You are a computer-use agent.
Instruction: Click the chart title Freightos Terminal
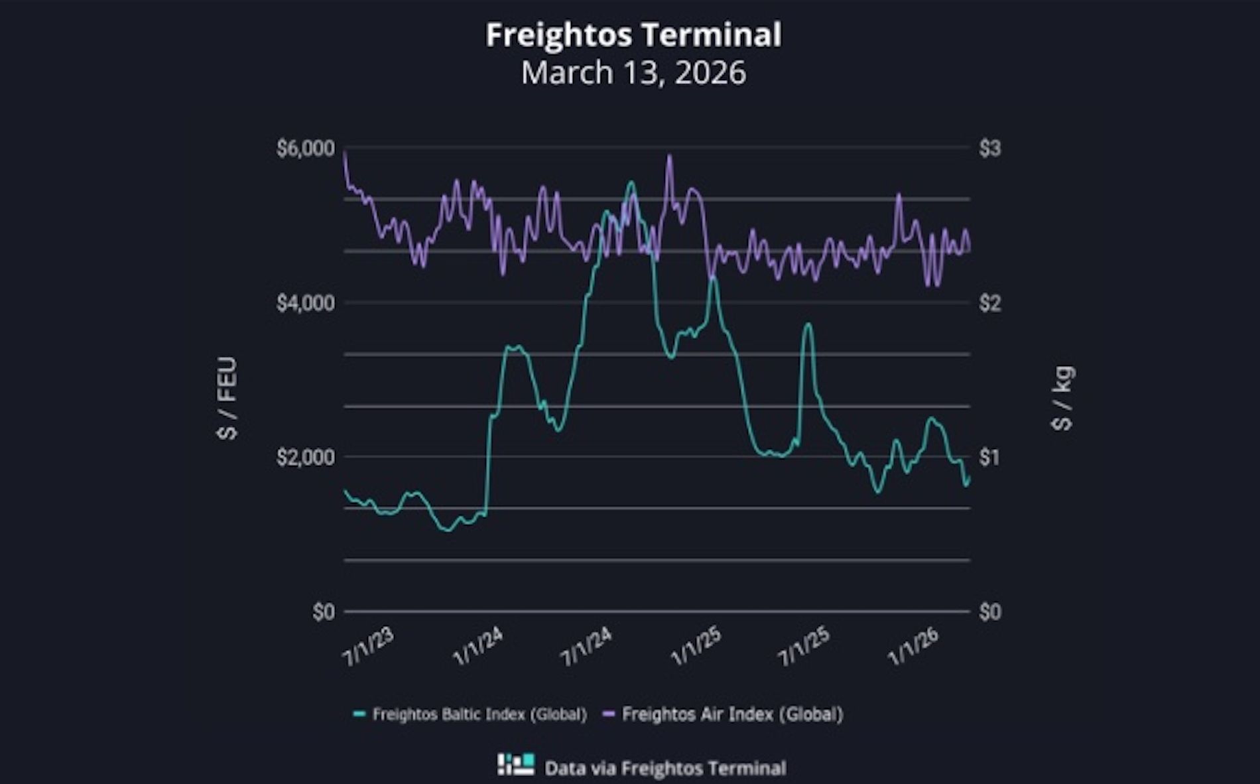pos(633,34)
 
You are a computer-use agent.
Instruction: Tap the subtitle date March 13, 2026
pos(633,72)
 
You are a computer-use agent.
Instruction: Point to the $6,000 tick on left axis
pos(305,148)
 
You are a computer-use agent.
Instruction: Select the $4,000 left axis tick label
pos(305,303)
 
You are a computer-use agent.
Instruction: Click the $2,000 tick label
pos(305,457)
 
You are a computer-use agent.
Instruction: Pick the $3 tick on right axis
pos(989,148)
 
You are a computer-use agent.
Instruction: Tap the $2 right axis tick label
pos(989,303)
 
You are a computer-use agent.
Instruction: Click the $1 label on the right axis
pos(989,457)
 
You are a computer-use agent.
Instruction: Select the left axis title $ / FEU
pos(227,398)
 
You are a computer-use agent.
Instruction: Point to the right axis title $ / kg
pos(1063,398)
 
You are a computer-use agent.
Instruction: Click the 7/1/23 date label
pos(369,647)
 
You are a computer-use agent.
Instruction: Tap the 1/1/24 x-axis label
pos(477,647)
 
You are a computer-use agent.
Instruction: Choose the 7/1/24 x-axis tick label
pos(586,647)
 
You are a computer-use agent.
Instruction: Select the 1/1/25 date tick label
pos(696,647)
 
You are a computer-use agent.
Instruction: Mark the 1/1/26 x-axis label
pos(914,647)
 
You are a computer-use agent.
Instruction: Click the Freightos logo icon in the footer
pos(516,765)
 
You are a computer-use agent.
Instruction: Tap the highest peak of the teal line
pos(631,181)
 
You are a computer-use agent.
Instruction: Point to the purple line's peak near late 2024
pos(669,156)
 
